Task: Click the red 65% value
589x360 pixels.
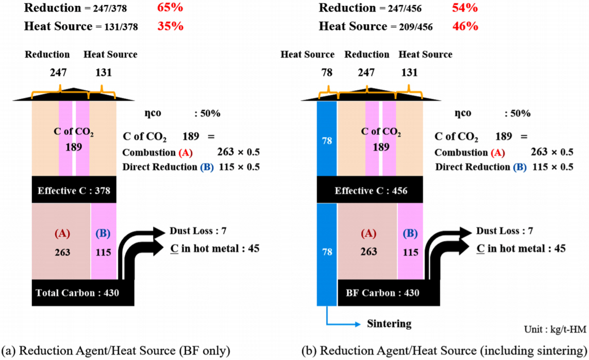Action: [170, 8]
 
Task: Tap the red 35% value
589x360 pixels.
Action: [170, 26]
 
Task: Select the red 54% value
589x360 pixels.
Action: [465, 8]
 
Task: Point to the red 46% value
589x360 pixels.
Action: [465, 26]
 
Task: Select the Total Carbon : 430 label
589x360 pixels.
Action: [78, 293]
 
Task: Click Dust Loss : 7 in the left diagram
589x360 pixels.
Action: [198, 231]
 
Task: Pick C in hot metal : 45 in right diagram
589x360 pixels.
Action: [521, 249]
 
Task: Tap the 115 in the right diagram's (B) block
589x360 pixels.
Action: [410, 252]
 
